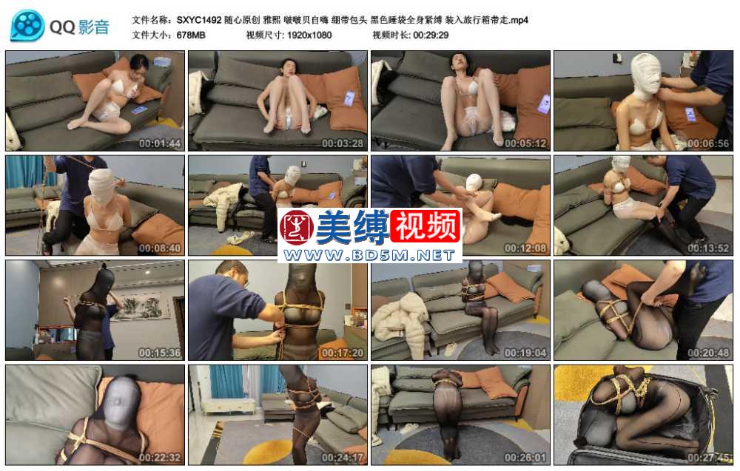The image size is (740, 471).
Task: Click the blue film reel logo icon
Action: (27, 25)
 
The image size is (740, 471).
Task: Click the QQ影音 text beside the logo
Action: (79, 27)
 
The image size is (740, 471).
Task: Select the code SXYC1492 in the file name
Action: (199, 20)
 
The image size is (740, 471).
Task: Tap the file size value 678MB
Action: (191, 35)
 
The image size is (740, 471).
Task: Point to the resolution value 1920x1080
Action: (309, 35)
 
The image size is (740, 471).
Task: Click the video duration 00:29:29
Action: (431, 35)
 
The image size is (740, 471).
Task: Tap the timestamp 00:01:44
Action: (160, 143)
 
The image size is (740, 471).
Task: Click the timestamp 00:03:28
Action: (343, 143)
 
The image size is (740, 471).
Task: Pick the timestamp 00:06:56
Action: (708, 143)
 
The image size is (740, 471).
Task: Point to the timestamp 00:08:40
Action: (160, 248)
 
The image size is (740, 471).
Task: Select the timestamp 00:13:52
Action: (708, 248)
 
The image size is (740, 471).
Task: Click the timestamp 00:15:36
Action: (160, 353)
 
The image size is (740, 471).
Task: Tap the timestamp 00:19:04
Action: (525, 353)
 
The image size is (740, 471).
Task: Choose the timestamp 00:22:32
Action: (160, 458)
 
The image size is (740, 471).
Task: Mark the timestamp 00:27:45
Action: (708, 458)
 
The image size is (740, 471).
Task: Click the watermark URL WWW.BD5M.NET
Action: (369, 255)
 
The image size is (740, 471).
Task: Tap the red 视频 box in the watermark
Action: (425, 226)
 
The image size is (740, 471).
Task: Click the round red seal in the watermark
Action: (297, 227)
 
